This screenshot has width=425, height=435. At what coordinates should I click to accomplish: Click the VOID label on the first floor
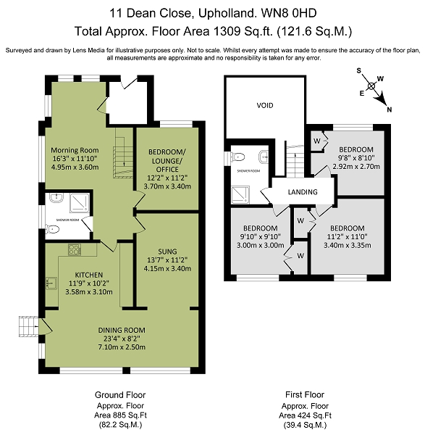[x=265, y=105]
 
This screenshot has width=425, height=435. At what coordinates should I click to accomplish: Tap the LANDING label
[x=303, y=192]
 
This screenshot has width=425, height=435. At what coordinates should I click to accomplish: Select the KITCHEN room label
[x=89, y=275]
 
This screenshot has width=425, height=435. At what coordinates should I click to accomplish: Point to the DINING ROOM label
[x=122, y=330]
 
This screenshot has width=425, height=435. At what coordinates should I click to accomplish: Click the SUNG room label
[x=167, y=252]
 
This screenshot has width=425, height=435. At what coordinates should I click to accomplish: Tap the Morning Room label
[x=75, y=150]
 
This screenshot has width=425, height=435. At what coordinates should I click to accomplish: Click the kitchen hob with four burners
[x=75, y=249]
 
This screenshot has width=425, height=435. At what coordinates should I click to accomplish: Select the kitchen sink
[x=51, y=283]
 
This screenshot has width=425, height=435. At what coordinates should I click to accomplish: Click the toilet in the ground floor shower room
[x=52, y=229]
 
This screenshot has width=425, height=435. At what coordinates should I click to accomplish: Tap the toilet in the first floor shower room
[x=238, y=157]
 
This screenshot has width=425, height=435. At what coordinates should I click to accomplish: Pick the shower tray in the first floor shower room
[x=240, y=195]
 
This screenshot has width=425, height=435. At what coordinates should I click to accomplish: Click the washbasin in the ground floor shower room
[x=56, y=197]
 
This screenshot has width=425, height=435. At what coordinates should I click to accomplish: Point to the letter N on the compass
[x=390, y=110]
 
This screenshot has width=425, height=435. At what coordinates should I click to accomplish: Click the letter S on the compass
[x=359, y=71]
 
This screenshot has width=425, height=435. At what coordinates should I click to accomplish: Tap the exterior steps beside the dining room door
[x=28, y=326]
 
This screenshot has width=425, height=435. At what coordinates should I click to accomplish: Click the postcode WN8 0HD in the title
[x=289, y=13]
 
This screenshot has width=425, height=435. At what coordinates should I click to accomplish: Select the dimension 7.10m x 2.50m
[x=122, y=347]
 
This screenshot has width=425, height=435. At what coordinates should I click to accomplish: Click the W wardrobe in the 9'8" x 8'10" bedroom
[x=316, y=141]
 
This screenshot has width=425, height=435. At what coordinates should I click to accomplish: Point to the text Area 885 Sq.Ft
[x=120, y=415]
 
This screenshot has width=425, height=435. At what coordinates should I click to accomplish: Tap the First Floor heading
[x=305, y=394]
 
